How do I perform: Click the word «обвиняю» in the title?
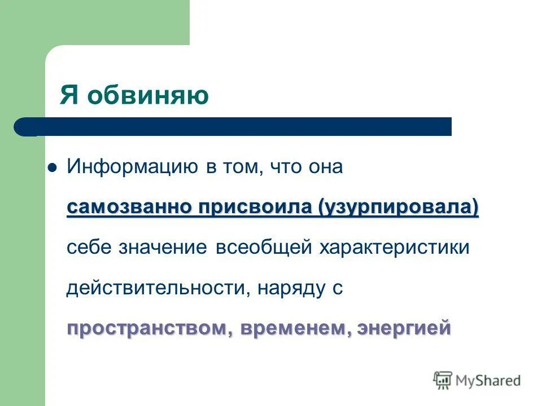[x=147, y=95]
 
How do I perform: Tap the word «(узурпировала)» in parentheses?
[x=398, y=207]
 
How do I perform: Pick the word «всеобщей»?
[x=264, y=248]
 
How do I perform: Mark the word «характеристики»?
[x=395, y=248]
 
